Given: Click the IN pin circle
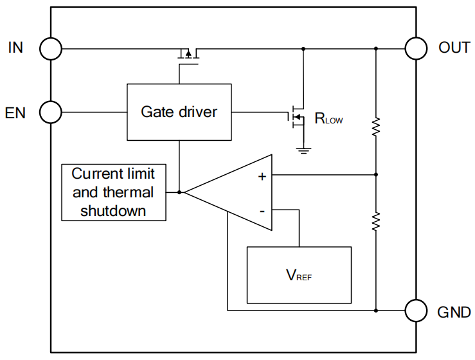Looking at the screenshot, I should pos(51,48).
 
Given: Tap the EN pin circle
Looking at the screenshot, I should pos(51,113).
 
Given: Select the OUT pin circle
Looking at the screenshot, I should pos(416,48).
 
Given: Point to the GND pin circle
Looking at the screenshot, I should pos(416,310).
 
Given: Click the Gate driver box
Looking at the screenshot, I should pos(179,112).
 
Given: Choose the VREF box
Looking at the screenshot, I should pos(300,274).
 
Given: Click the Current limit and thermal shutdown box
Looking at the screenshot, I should pos(113,192).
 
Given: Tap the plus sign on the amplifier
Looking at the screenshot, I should pos(262,177).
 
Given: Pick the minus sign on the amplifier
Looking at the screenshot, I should pos(262,210).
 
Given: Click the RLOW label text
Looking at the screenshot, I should pos(328,118).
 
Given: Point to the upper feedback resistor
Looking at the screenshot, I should pos(376,127).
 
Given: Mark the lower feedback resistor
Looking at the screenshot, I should pos(376,221).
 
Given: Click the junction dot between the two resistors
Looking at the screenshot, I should pos(376,174).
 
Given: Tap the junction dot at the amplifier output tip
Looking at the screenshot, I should pos(180,192).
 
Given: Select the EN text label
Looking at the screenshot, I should pos(15,113).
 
